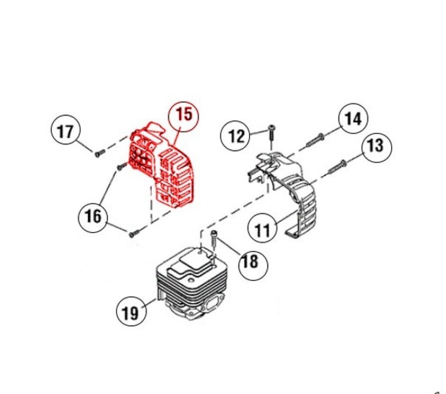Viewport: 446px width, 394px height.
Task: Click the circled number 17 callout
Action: pyautogui.click(x=66, y=131)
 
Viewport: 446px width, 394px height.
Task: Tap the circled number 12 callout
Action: pyautogui.click(x=236, y=136)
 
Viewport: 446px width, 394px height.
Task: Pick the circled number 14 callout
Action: pyautogui.click(x=353, y=118)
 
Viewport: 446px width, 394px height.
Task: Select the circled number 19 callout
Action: pyautogui.click(x=131, y=312)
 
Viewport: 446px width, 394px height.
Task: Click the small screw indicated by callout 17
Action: pyautogui.click(x=100, y=153)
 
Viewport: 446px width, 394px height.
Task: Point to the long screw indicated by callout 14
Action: pyautogui.click(x=315, y=141)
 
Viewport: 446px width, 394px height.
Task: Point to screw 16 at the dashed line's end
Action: pyautogui.click(x=134, y=234)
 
